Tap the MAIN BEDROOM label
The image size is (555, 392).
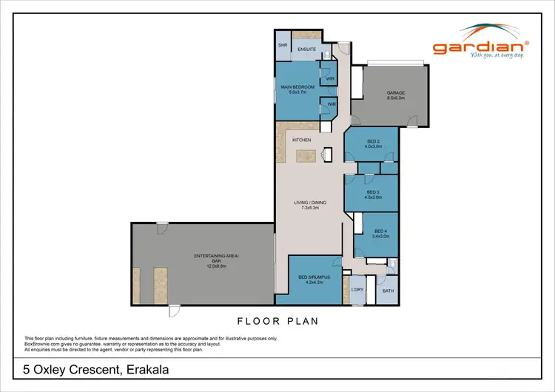297,87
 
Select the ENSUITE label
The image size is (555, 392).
306,50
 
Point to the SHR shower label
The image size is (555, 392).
282,45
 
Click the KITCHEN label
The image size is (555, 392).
301,140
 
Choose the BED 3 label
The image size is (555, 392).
372,192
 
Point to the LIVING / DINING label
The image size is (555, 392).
309,203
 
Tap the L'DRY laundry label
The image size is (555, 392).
357,289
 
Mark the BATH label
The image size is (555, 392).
388,291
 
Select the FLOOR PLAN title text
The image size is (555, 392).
278,322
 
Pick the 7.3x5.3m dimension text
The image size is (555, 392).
309,208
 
